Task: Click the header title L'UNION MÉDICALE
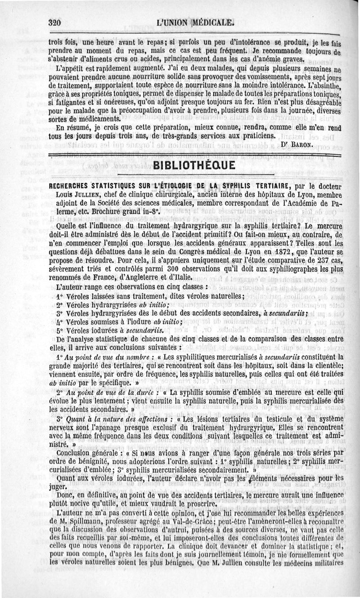coord(195,22)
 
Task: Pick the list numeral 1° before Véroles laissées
coord(59,296)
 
